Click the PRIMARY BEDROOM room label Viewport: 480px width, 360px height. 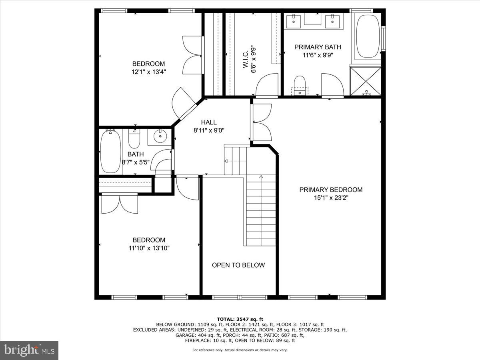click(x=331, y=190)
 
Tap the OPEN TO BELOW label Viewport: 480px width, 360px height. click(x=238, y=265)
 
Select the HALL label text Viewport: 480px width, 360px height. click(x=208, y=122)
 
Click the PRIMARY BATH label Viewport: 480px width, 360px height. click(x=318, y=47)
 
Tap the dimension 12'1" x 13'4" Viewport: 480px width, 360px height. click(x=148, y=72)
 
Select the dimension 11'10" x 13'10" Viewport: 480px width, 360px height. click(x=149, y=248)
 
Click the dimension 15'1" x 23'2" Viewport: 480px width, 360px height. click(x=331, y=198)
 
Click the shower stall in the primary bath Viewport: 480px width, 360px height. click(x=366, y=81)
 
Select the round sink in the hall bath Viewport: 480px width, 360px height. click(x=160, y=137)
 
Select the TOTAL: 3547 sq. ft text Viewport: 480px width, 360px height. click(x=240, y=319)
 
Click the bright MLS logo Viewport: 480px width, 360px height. click(x=29, y=350)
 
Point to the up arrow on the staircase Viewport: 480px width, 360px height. click(x=261, y=176)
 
